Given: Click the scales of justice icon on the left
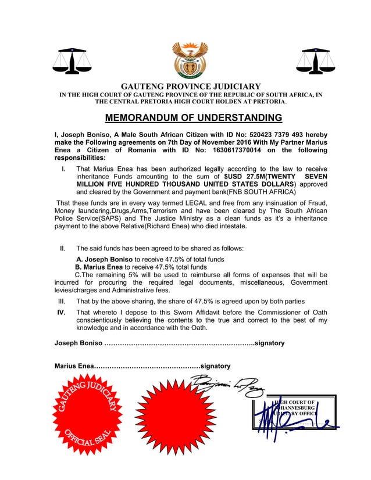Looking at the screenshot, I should (68, 60).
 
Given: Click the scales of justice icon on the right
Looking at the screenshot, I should (313, 60).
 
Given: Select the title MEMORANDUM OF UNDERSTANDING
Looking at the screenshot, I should (185, 119).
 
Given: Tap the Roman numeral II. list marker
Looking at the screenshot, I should (65, 248).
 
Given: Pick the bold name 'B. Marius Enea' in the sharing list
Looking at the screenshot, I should (96, 267).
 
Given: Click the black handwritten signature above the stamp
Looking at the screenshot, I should (228, 384).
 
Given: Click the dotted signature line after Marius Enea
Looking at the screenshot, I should (146, 366).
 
